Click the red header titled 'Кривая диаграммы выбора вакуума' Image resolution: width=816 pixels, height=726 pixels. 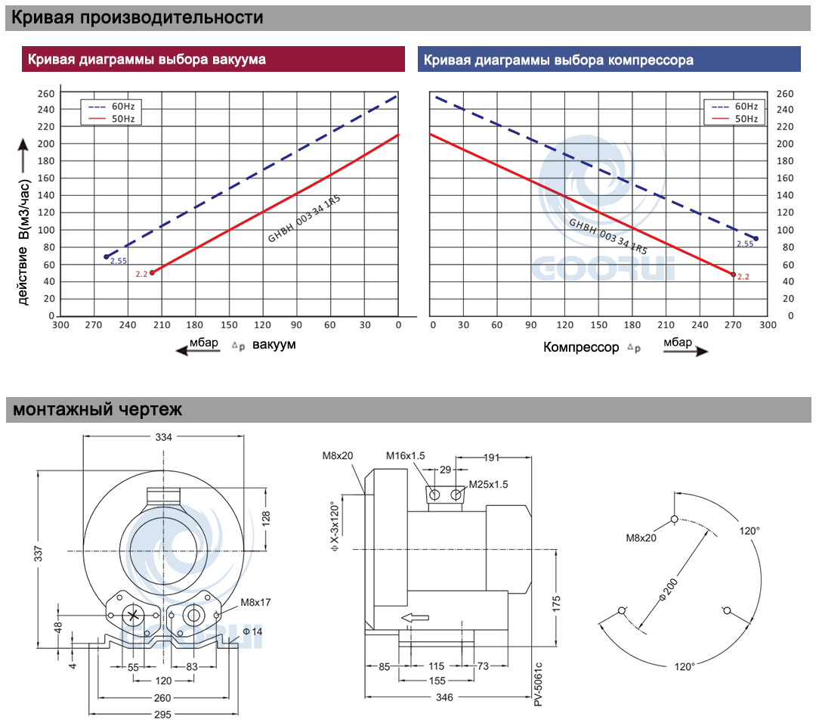coord(213,59)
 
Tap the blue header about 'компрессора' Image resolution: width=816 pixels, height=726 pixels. coord(609,60)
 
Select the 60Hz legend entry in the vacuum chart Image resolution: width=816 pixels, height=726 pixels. coord(111,106)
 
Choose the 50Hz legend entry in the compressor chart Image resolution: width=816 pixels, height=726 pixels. coord(734,119)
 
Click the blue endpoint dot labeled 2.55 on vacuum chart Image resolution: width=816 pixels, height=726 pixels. coord(107,257)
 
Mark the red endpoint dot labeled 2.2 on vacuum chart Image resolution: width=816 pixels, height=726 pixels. coord(152,272)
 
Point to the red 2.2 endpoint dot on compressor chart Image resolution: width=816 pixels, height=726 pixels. coord(733,275)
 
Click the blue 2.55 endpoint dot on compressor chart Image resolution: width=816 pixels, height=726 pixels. coord(756,238)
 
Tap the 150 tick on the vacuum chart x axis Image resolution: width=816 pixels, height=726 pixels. coord(228,325)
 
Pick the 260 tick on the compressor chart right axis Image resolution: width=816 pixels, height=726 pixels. coord(785,94)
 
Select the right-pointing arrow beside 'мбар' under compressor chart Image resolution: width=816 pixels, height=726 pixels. coord(686,351)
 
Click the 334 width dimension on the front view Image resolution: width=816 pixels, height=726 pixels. coord(163,437)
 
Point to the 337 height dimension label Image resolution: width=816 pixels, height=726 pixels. coord(38,554)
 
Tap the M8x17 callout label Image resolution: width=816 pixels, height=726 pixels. coord(255,603)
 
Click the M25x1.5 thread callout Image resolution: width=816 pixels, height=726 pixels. coord(488,484)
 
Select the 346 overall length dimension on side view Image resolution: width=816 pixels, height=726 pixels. coord(444,697)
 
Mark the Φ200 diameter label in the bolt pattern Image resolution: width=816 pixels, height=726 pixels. coord(669,590)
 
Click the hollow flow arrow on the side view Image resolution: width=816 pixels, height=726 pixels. coord(415,618)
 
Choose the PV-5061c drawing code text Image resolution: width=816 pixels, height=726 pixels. coord(538,684)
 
